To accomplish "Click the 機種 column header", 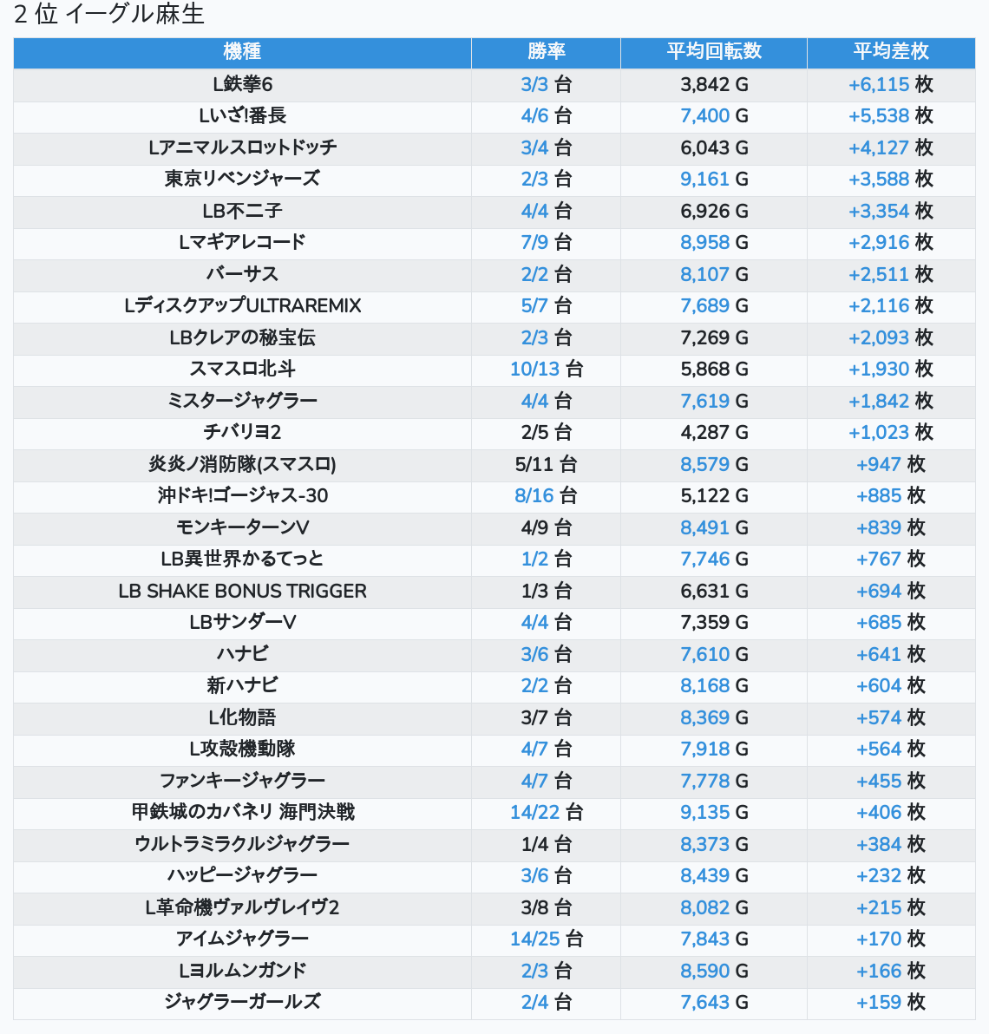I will [242, 52].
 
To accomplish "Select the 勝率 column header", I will [546, 52].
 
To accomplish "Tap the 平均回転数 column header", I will [714, 52].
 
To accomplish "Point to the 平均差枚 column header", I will [891, 52].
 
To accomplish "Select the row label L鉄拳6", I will [242, 84].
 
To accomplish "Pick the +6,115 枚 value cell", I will [891, 84].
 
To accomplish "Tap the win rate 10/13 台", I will [546, 369].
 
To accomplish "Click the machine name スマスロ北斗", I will [242, 369].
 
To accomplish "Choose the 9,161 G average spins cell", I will [714, 179].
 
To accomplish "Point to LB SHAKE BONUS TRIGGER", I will [242, 591].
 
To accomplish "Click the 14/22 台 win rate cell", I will [546, 812].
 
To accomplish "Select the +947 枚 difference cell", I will [891, 464].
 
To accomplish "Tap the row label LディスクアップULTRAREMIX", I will [242, 305].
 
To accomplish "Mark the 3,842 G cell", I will [714, 84].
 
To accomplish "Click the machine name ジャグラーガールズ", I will [242, 1002].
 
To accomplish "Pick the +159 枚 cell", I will [891, 1002].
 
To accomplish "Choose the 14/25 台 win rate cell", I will [546, 939].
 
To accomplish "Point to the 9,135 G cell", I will [714, 812].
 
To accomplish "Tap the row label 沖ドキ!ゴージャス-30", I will [242, 495].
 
